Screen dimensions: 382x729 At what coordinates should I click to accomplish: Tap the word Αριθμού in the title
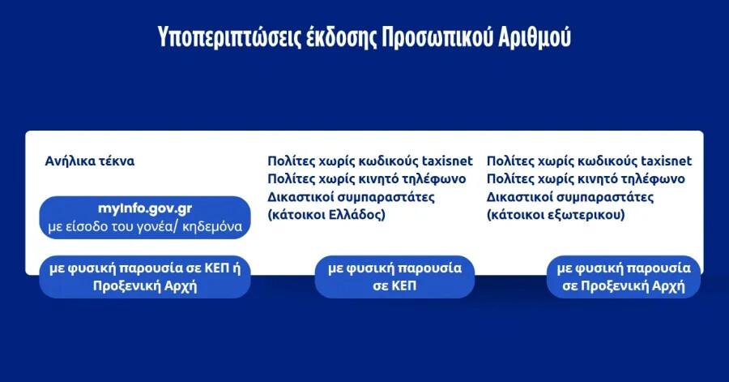(535, 38)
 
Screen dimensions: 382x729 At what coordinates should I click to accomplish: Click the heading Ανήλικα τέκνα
(90, 161)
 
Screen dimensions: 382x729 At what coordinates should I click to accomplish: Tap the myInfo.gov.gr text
(145, 209)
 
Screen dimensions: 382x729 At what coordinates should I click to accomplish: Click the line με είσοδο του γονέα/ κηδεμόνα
(145, 226)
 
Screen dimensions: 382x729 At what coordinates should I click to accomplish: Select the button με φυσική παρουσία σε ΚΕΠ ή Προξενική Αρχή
(145, 277)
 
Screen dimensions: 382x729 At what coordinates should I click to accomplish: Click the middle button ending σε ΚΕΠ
(394, 277)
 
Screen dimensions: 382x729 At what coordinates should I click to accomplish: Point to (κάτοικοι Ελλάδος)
(326, 215)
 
